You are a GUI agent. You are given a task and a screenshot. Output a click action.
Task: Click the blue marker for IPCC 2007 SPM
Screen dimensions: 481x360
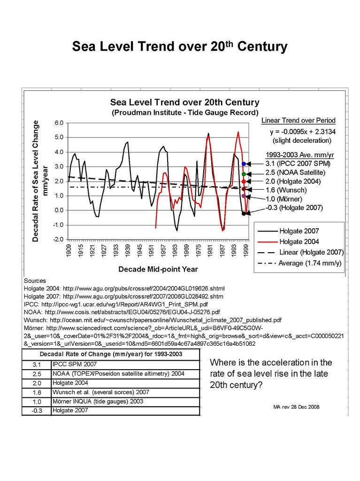click(244, 164)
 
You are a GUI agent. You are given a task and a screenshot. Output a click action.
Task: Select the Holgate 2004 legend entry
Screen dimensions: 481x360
click(299, 242)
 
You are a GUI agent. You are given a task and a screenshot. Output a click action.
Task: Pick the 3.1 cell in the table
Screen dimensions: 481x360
click(36, 365)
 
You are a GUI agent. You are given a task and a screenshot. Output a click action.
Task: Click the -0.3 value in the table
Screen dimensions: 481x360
click(36, 411)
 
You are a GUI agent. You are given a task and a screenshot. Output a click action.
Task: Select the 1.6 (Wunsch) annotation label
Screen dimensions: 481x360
click(286, 190)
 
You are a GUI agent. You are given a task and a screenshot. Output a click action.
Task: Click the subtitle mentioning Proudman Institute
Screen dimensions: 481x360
click(185, 113)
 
